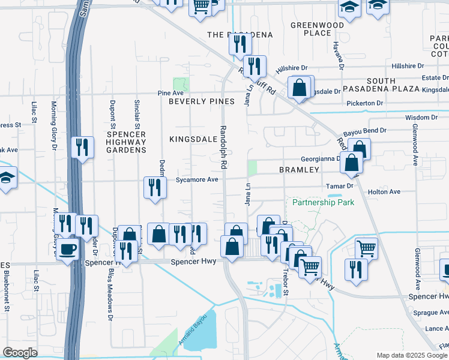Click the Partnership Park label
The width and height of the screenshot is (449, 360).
323,202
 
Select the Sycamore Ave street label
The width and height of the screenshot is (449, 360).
197,179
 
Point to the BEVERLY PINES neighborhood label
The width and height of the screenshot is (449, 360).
201,101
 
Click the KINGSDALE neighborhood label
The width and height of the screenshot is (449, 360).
192,139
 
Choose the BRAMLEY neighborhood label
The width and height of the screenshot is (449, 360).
299,170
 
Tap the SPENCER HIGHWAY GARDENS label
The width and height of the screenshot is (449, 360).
126,142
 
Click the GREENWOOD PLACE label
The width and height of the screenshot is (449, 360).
317,29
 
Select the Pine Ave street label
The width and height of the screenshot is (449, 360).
170,93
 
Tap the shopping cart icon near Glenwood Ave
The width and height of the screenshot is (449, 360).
366,247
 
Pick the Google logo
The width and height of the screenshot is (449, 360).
20,353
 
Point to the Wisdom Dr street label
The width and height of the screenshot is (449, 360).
421,118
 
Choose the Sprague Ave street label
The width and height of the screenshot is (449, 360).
431,313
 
